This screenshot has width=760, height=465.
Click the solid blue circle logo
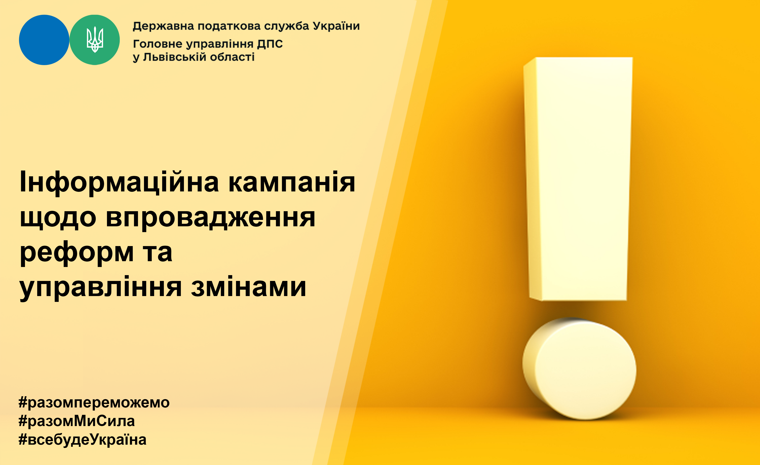click(x=44, y=40)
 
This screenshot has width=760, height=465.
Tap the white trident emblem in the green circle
click(x=95, y=40)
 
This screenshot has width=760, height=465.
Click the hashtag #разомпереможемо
click(x=94, y=402)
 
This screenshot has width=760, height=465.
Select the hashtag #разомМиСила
click(x=77, y=421)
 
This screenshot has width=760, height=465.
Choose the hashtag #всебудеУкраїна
click(x=82, y=439)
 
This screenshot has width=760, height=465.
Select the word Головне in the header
click(x=157, y=44)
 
